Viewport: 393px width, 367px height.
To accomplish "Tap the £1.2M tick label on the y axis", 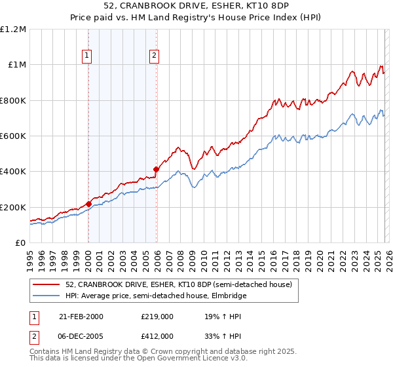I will tap(13, 29).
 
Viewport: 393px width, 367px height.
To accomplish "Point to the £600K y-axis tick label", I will tap(13, 136).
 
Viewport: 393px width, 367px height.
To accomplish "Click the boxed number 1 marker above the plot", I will tap(88, 56).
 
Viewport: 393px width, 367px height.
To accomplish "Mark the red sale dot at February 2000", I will tap(88, 204).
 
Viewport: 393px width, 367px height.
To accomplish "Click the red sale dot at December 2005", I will tap(156, 170).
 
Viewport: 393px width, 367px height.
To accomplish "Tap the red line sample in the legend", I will tap(47, 284).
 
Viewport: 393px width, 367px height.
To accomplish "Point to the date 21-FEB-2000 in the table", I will tap(81, 317).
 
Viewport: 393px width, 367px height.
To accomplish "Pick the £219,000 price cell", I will tap(157, 317).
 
